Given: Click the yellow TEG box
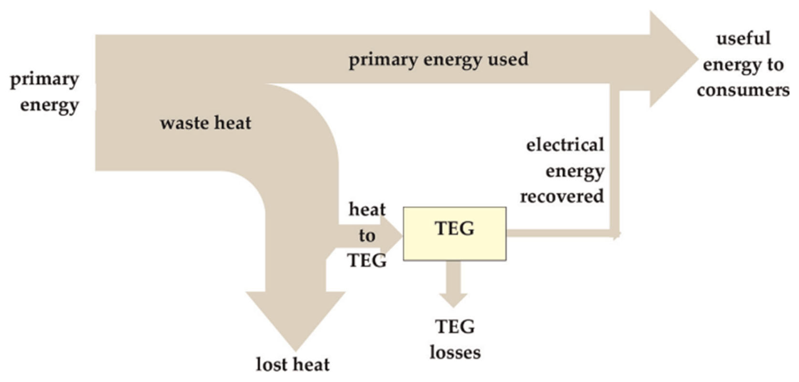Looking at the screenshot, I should (454, 245).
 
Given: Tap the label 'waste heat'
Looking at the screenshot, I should (205, 123).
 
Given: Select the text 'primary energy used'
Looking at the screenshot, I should (438, 59).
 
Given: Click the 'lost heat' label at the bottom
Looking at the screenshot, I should (292, 365).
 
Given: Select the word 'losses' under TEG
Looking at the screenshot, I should (455, 353).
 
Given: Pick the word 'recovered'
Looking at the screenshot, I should (562, 196).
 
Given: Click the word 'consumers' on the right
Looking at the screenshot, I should (743, 91).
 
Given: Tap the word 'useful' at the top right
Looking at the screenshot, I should (744, 39).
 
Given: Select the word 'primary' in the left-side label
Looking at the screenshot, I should (44, 80).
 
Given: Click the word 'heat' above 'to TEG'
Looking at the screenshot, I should (367, 209).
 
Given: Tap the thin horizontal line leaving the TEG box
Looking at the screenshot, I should (558, 233).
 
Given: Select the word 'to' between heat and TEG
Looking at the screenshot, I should (367, 236).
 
